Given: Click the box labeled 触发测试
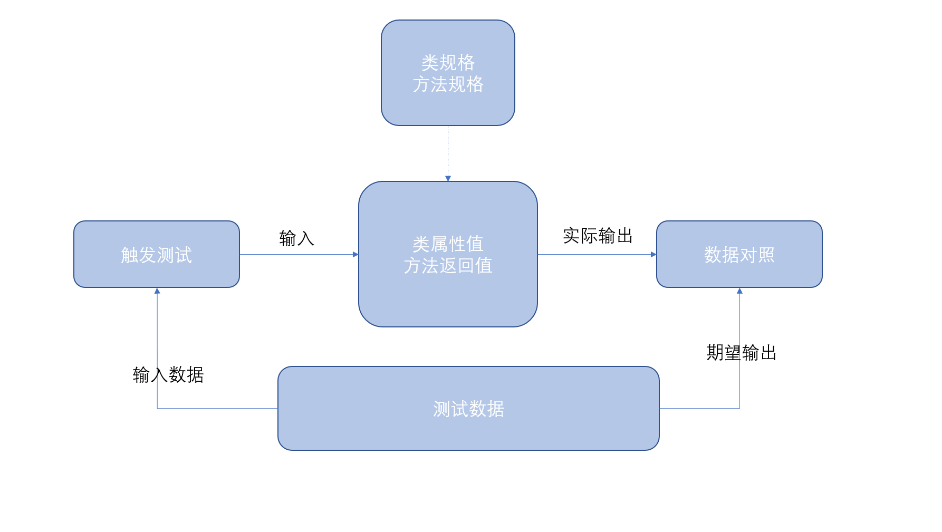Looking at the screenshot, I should coord(156,254).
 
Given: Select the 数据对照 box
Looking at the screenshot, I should coord(739,254).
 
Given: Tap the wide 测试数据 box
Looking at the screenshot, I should coord(468,408).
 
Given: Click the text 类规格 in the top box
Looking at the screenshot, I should coord(448,63).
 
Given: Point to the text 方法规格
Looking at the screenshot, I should coord(448,84).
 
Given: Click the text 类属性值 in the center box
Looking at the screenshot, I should coord(448,244).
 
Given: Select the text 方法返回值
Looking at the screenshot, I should coord(448,265).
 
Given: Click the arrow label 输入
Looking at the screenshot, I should coord(296,238).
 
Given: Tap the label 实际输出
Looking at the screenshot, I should coord(598,236).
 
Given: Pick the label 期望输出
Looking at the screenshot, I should coord(741,352).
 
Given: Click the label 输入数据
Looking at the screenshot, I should coord(168,374).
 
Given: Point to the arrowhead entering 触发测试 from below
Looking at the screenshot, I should coord(157,291).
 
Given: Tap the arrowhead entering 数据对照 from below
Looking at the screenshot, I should coord(739,291).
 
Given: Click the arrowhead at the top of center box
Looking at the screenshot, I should coord(448,178).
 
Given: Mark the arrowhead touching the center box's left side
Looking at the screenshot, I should coord(355,254).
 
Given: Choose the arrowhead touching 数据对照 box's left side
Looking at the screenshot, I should coord(653,254).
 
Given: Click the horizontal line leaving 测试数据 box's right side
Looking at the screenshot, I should coord(699,408).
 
